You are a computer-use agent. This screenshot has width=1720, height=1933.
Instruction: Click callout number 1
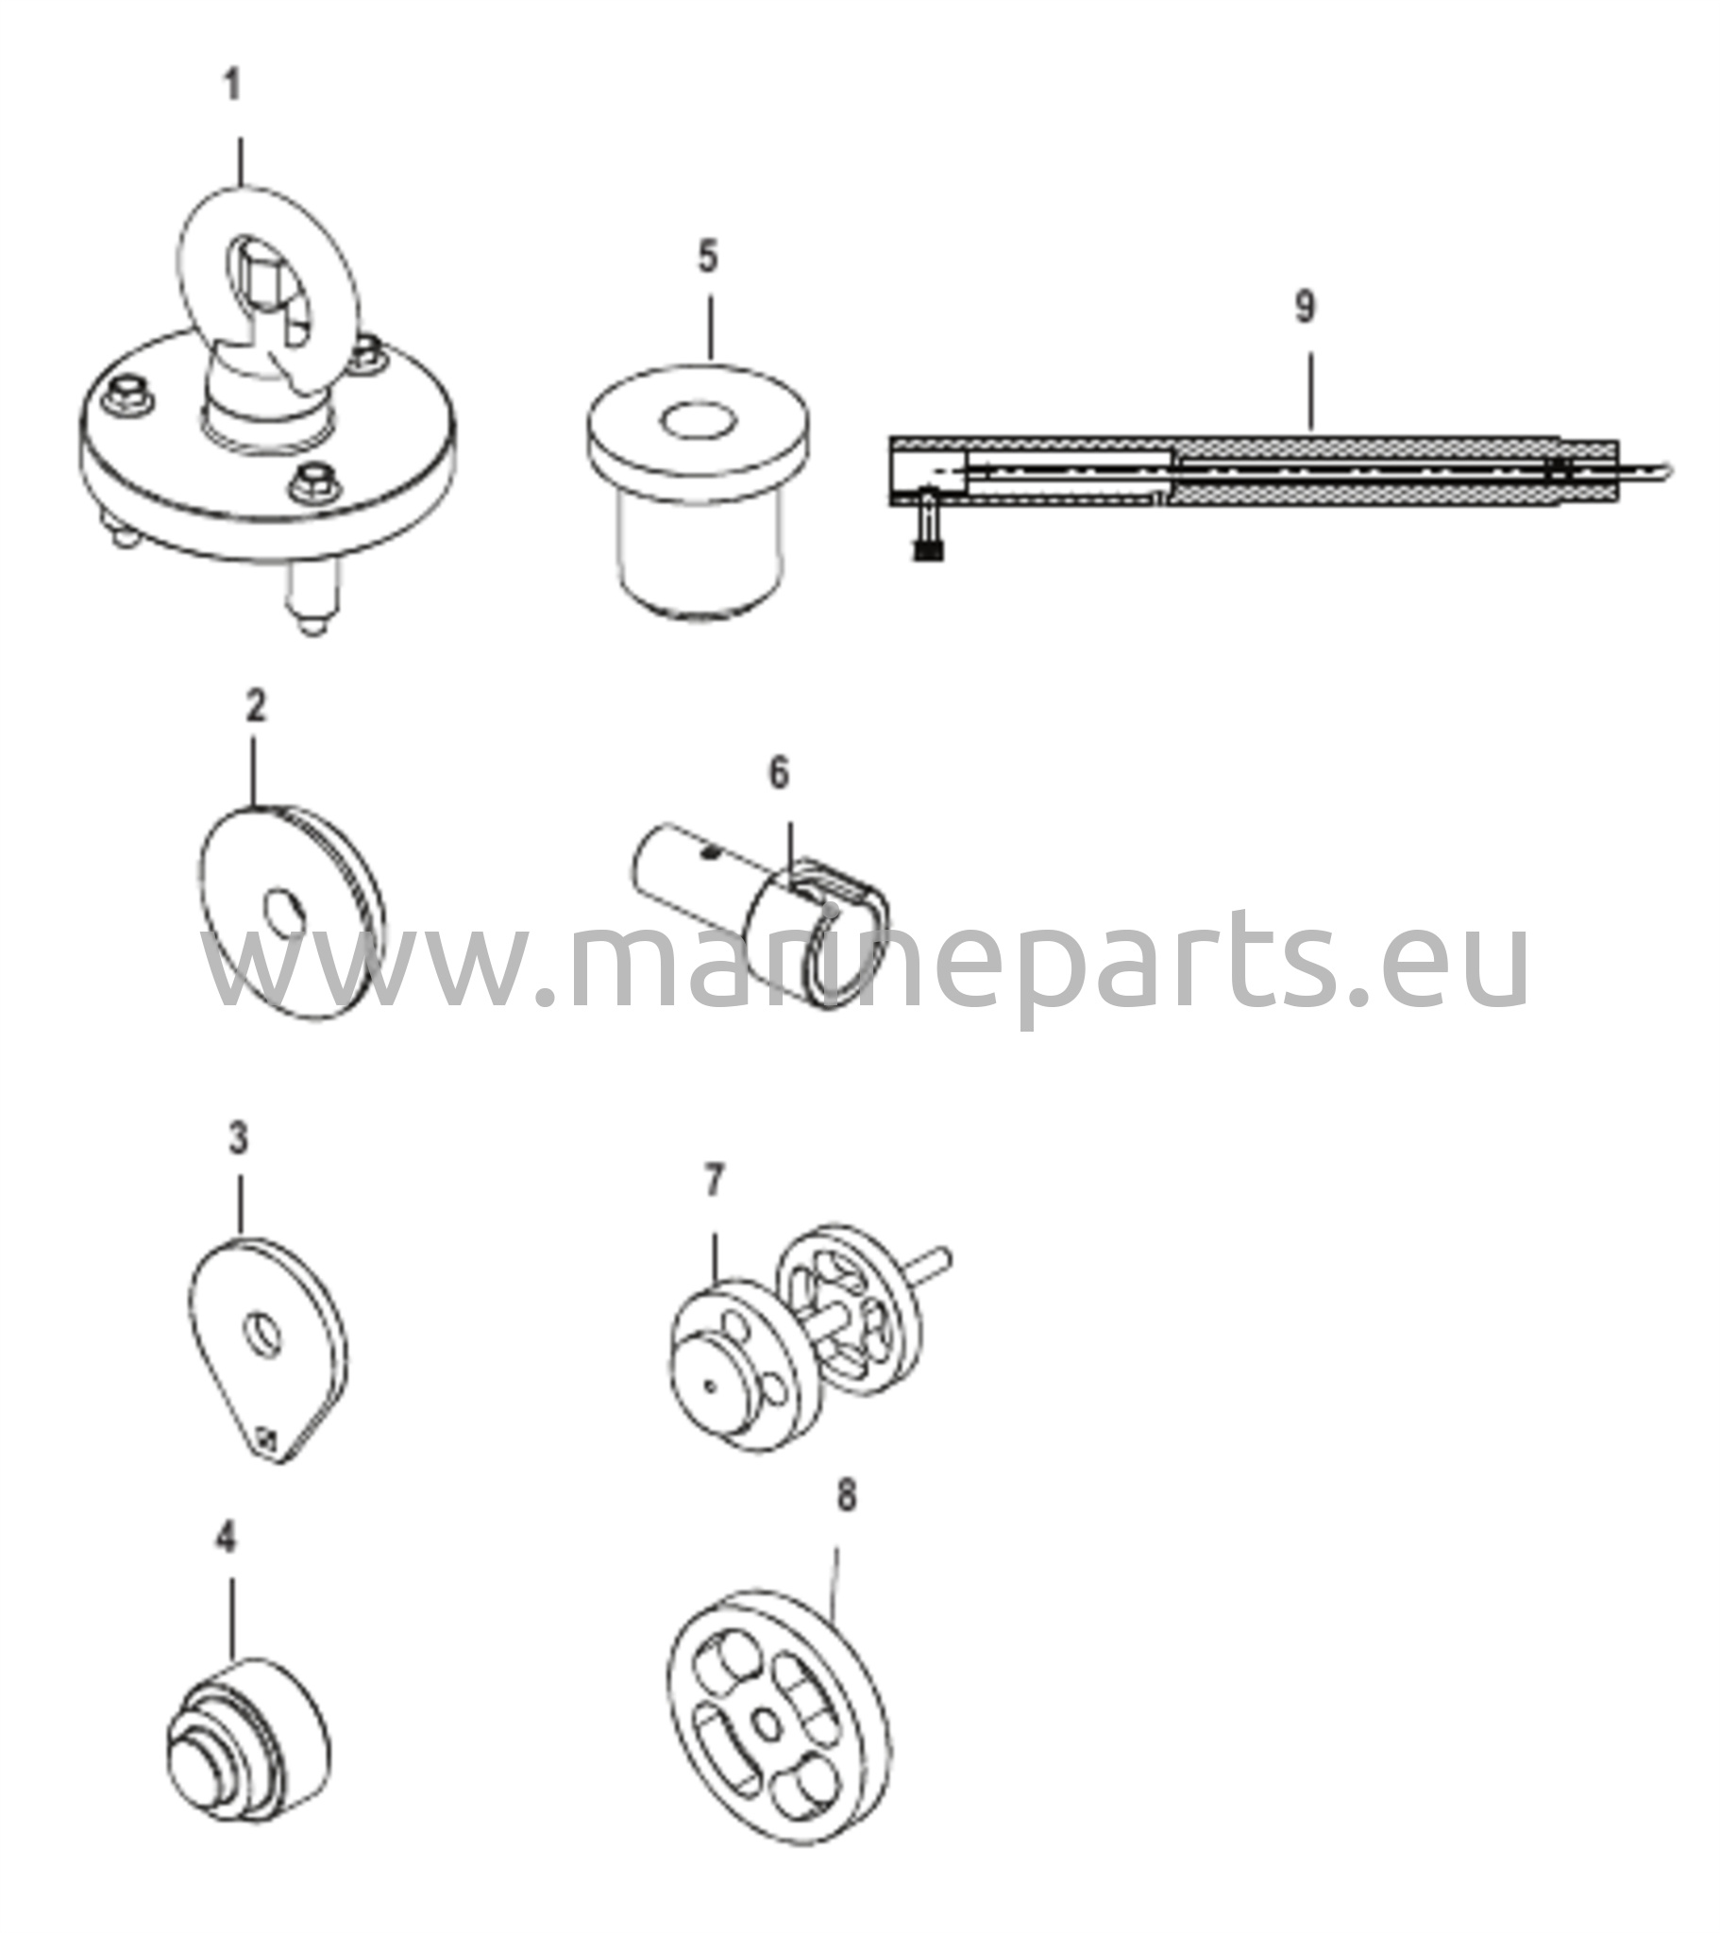pyautogui.click(x=233, y=86)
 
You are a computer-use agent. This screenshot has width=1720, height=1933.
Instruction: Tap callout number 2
pyautogui.click(x=256, y=705)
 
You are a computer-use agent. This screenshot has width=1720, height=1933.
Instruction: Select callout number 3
pyautogui.click(x=238, y=1138)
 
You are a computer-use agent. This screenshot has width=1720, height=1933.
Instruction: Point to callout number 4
pyautogui.click(x=226, y=1538)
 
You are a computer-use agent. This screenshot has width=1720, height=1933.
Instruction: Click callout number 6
pyautogui.click(x=778, y=773)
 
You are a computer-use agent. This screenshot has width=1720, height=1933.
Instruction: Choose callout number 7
pyautogui.click(x=715, y=1181)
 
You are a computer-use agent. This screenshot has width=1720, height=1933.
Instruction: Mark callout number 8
pyautogui.click(x=847, y=1495)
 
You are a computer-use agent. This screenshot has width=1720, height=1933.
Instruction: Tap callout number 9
pyautogui.click(x=1305, y=308)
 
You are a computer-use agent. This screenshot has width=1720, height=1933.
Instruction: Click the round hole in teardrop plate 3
pyautogui.click(x=262, y=1335)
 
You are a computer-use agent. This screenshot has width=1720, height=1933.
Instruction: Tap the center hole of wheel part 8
pyautogui.click(x=769, y=1726)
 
